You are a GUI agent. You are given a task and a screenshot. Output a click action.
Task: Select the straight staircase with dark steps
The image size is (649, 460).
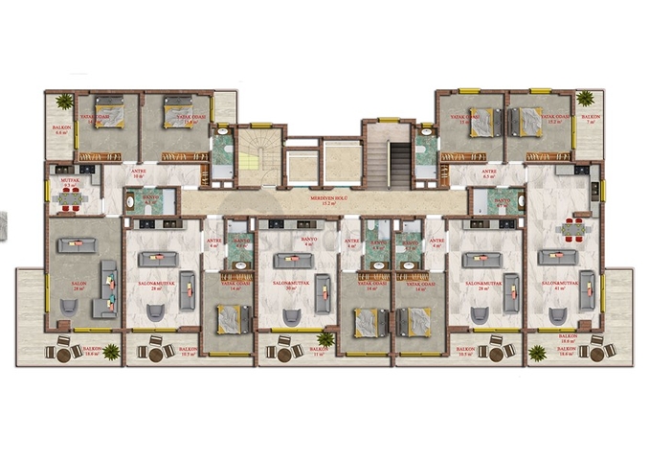click(x=399, y=163)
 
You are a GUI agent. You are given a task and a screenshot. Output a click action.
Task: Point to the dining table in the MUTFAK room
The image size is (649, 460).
click(x=68, y=198)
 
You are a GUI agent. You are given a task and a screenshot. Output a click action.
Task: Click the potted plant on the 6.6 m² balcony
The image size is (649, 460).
click(x=64, y=101)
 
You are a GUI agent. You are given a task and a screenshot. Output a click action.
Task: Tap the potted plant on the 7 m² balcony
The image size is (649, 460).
click(x=585, y=99)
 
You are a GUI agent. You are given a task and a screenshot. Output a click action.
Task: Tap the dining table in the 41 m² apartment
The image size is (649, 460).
click(x=572, y=229)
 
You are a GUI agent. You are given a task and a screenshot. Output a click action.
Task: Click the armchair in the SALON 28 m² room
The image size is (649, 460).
click(x=70, y=307)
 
